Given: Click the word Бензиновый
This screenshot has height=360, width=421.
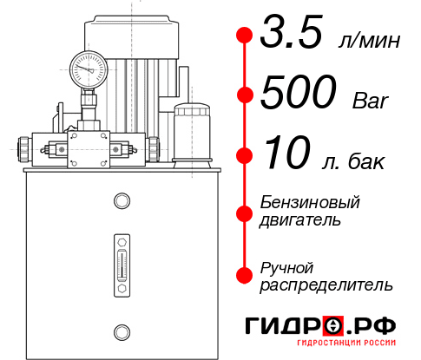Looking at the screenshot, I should [310, 204].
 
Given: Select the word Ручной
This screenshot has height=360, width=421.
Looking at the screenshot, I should [286, 267].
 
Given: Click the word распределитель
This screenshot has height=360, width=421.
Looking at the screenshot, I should [326, 285].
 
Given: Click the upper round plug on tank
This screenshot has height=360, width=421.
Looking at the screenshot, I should [121, 201].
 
